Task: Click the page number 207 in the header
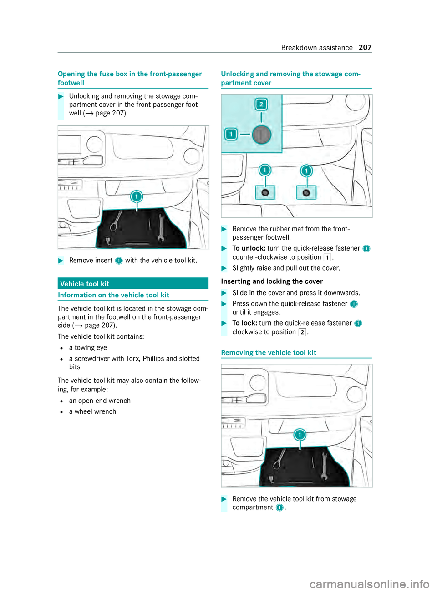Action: click(365, 48)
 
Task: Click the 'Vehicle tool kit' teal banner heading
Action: click(85, 284)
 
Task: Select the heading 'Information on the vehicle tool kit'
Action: click(113, 295)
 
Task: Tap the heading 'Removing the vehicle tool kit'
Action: click(269, 353)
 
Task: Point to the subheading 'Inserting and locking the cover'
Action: click(272, 281)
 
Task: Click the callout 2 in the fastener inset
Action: click(261, 105)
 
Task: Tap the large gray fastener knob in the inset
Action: click(262, 135)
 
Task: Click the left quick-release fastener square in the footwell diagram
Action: click(265, 193)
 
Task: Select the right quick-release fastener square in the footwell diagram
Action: click(306, 193)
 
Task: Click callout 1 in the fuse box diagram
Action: click(137, 196)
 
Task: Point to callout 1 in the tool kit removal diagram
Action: click(300, 435)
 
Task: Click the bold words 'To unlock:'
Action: click(249, 248)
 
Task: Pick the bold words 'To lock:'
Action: click(245, 323)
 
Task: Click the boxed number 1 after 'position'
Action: click(327, 257)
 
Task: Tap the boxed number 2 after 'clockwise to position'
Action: click(302, 332)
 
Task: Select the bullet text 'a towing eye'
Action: click(88, 348)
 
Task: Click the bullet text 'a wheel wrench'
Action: click(92, 411)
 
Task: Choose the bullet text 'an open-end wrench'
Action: click(100, 401)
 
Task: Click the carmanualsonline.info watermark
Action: click(369, 583)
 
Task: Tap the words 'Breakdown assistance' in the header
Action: click(317, 48)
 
